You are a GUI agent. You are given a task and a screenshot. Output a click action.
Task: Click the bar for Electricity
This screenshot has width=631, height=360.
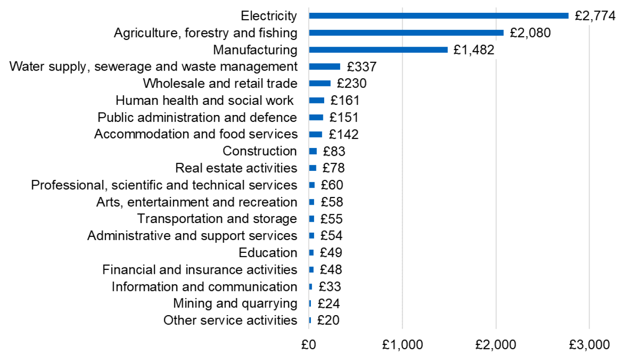click(439, 16)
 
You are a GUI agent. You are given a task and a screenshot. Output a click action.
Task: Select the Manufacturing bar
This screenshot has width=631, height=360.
click(378, 49)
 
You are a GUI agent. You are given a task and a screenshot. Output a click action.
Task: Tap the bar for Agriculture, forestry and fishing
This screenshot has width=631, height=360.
click(406, 33)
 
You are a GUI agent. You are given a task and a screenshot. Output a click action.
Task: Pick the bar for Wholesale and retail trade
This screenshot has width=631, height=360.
click(320, 83)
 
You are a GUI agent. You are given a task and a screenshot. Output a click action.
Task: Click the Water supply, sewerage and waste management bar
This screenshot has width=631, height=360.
click(325, 66)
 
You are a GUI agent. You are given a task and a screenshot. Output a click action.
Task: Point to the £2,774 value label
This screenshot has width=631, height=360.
click(595, 16)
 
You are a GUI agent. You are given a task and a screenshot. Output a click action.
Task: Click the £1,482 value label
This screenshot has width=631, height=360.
click(474, 49)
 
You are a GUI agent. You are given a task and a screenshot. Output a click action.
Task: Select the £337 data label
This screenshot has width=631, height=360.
click(361, 67)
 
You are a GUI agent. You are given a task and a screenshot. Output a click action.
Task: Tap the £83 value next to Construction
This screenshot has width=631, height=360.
click(334, 151)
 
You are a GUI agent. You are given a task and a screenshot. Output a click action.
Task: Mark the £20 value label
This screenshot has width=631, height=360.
click(328, 320)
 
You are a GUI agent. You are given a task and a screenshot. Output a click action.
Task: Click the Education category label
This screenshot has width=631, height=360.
click(268, 252)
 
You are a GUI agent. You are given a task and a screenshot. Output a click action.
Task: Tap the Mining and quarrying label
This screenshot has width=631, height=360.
click(235, 303)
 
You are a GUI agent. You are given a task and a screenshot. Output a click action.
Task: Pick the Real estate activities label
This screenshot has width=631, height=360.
click(236, 168)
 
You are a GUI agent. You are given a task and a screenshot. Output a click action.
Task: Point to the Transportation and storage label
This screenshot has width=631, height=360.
click(217, 218)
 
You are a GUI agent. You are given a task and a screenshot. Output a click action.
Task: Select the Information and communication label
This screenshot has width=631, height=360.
click(204, 286)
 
